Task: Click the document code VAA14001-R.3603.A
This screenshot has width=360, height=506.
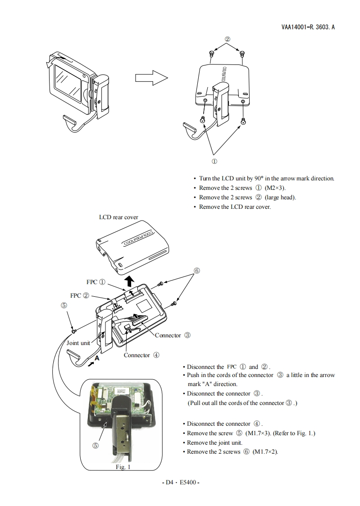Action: tap(308, 27)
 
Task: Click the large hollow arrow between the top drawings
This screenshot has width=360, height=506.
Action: tap(151, 78)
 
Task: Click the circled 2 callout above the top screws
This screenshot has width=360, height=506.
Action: tap(228, 39)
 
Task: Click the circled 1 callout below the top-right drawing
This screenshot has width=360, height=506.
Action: tap(214, 161)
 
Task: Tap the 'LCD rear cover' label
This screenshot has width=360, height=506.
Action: tap(118, 217)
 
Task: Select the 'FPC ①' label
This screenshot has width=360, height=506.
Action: tap(96, 282)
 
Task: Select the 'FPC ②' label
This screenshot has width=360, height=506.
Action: tap(80, 295)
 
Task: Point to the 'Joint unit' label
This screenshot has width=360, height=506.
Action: tap(78, 343)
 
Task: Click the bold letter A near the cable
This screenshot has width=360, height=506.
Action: tap(97, 357)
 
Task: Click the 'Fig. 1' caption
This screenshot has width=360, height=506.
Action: tap(123, 467)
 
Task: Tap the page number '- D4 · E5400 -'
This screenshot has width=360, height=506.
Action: tap(180, 482)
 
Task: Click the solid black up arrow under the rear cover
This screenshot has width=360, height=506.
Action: tap(130, 282)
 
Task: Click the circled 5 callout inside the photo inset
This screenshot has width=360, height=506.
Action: tap(96, 445)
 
